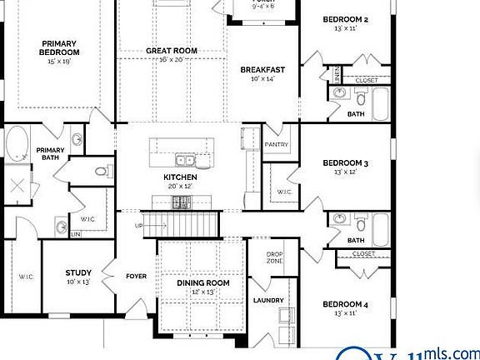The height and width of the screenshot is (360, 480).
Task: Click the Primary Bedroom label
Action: click(59, 47)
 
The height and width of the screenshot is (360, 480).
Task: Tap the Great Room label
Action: click(172, 51)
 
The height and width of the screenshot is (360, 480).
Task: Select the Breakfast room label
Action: click(263, 70)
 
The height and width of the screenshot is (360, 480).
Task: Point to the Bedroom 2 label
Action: click(345, 18)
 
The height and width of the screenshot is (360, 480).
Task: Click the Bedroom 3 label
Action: click(345, 163)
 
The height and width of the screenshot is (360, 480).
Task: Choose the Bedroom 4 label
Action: click(345, 304)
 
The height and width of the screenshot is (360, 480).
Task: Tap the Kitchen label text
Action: click(180, 177)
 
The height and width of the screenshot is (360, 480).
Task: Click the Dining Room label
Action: click(203, 283)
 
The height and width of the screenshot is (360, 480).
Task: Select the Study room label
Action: click(78, 272)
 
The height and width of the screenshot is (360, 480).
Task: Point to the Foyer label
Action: click(136, 276)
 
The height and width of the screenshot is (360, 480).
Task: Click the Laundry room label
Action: click(268, 300)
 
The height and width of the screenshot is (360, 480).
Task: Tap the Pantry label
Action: click(276, 144)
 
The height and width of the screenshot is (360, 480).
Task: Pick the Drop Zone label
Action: click(275, 257)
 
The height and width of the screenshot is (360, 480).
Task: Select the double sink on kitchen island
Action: click(185, 159)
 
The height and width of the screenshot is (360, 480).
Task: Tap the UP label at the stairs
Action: click(139, 225)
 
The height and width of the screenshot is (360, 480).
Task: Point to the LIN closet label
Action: click(76, 235)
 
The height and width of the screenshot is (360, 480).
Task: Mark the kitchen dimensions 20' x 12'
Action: click(180, 187)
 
